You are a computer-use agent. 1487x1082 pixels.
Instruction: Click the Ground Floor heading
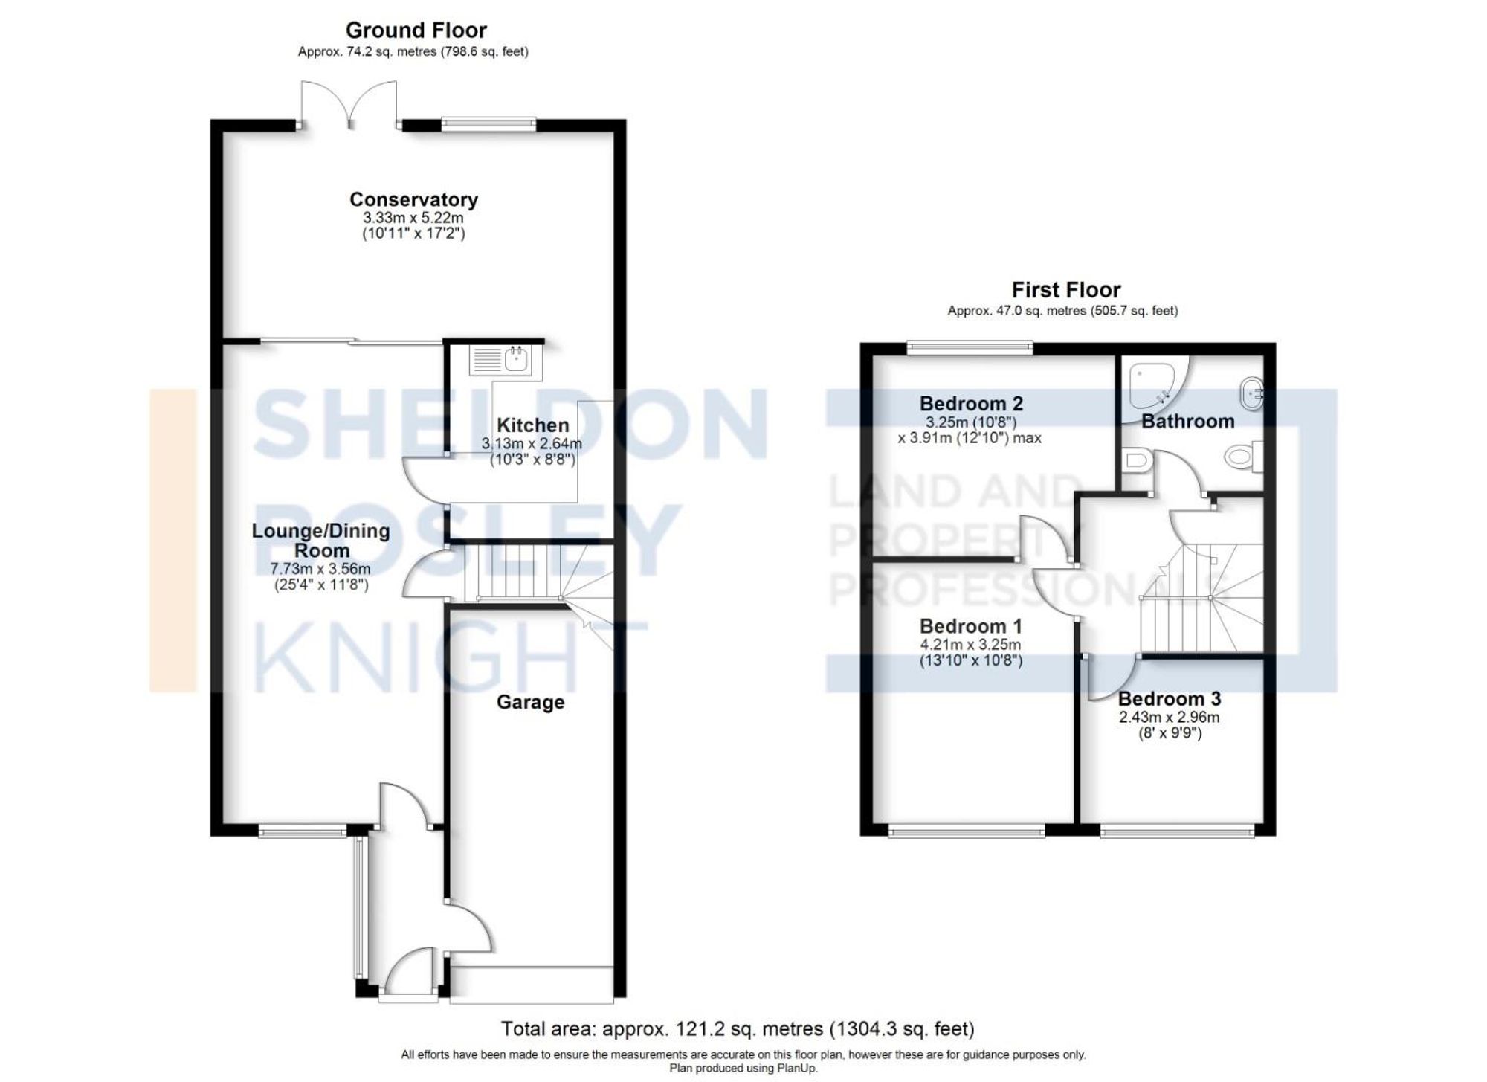(416, 30)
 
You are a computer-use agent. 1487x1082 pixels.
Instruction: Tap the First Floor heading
(1065, 289)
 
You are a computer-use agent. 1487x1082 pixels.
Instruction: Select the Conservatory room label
(413, 199)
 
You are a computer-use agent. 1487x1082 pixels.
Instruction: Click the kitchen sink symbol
(500, 360)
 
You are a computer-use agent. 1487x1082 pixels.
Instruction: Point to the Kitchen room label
(532, 425)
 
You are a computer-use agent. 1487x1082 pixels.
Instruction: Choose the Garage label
(530, 702)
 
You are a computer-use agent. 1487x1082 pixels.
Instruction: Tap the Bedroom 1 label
(970, 626)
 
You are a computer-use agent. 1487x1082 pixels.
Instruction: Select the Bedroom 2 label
(971, 404)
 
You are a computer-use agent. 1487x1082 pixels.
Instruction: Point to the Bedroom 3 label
(1169, 699)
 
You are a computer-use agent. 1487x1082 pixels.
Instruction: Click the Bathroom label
(1187, 422)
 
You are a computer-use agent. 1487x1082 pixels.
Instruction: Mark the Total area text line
(737, 1029)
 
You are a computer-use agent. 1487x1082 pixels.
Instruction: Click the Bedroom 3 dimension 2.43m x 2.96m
(1169, 718)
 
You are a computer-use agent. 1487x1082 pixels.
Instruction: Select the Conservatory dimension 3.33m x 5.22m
(413, 218)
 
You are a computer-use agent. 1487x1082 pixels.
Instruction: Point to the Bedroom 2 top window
(970, 346)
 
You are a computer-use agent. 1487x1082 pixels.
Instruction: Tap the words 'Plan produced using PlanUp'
(743, 1069)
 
